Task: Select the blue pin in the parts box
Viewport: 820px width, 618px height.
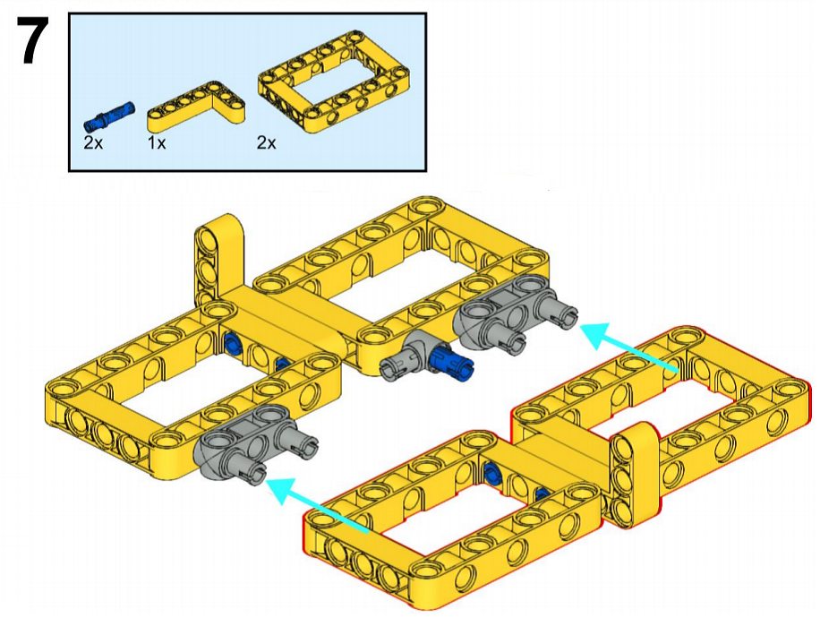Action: pyautogui.click(x=109, y=115)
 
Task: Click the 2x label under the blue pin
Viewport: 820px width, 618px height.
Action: pyautogui.click(x=93, y=142)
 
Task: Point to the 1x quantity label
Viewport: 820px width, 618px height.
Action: pyautogui.click(x=157, y=142)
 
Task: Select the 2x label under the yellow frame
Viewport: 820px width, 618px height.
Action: pyautogui.click(x=266, y=142)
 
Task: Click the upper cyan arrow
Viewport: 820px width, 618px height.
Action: pyautogui.click(x=629, y=348)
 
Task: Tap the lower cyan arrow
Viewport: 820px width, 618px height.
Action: pyautogui.click(x=318, y=504)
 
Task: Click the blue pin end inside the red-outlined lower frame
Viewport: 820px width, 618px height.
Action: pyautogui.click(x=491, y=474)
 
